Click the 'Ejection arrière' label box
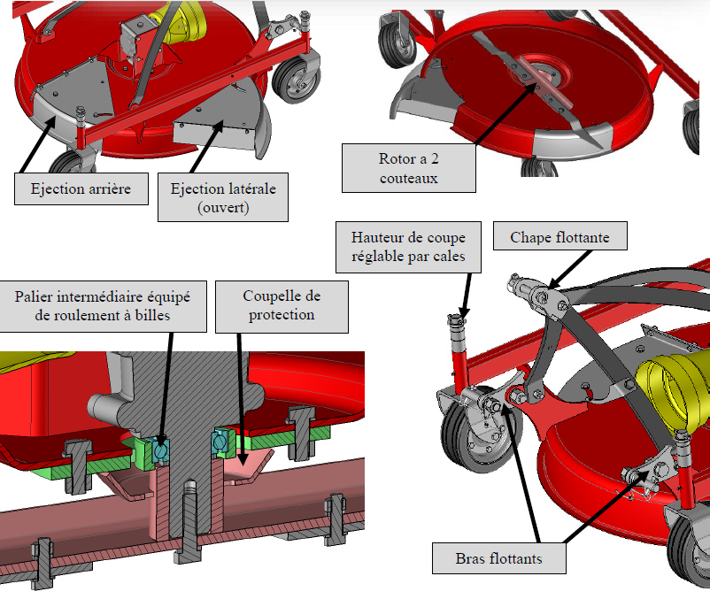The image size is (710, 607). [x=81, y=188]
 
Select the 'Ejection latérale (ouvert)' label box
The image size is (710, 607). [x=222, y=197]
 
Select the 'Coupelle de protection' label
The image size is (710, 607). [x=282, y=306]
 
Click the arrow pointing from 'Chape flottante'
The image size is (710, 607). [x=567, y=265]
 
